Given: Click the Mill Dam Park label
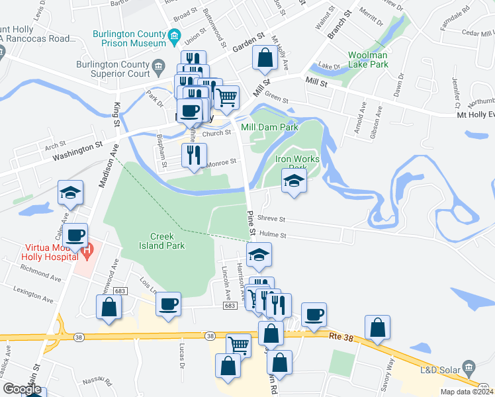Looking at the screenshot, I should pos(269,127).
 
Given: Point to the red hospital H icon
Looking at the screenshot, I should pos(85,249).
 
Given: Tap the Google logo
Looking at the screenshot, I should pos(22,389).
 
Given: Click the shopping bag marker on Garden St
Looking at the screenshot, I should pos(265,58).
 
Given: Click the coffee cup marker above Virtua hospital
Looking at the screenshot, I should pos(77,234).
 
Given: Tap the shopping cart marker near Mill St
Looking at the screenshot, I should pos(226,98).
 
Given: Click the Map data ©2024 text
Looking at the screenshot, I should pos(467,392).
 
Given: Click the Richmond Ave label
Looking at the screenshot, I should pos(40,269).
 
